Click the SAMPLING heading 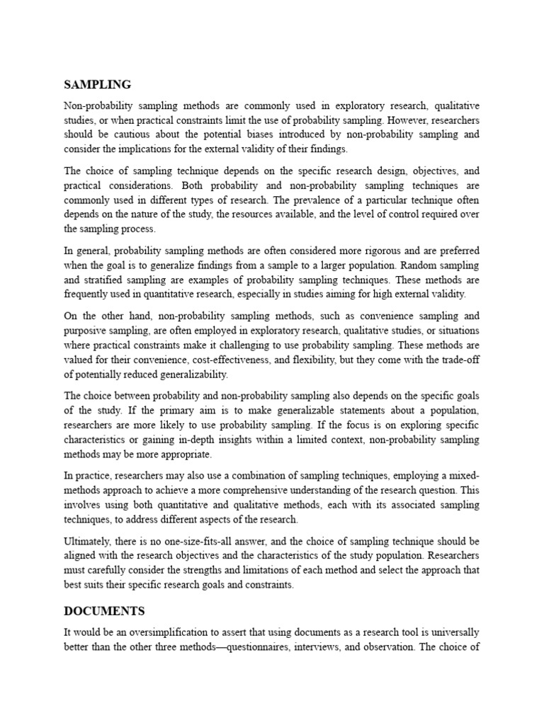pyautogui.click(x=97, y=84)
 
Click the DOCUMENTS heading pyautogui.click(x=104, y=610)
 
